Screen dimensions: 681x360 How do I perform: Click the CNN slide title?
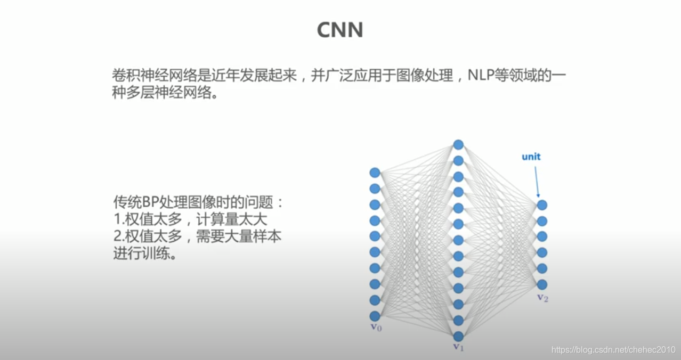pyautogui.click(x=340, y=30)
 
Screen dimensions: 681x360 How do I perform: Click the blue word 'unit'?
pyautogui.click(x=531, y=157)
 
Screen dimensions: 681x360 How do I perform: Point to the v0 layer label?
pyautogui.click(x=376, y=326)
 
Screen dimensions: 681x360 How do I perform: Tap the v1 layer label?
pyautogui.click(x=458, y=347)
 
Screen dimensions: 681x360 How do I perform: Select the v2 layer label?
pyautogui.click(x=542, y=297)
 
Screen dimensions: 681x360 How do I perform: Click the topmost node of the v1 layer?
pyautogui.click(x=458, y=144)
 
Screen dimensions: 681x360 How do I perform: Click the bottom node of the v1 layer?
pyautogui.click(x=458, y=336)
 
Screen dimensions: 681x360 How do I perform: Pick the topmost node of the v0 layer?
pyautogui.click(x=375, y=173)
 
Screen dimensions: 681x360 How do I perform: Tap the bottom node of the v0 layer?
pyautogui.click(x=375, y=316)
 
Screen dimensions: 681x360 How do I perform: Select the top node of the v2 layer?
pyautogui.click(x=542, y=205)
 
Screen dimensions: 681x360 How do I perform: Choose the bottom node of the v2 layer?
pyautogui.click(x=542, y=284)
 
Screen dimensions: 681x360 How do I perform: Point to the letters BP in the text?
pyautogui.click(x=149, y=203)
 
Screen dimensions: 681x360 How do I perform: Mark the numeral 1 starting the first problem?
pyautogui.click(x=116, y=220)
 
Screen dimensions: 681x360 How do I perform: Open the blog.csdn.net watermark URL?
pyautogui.click(x=613, y=350)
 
